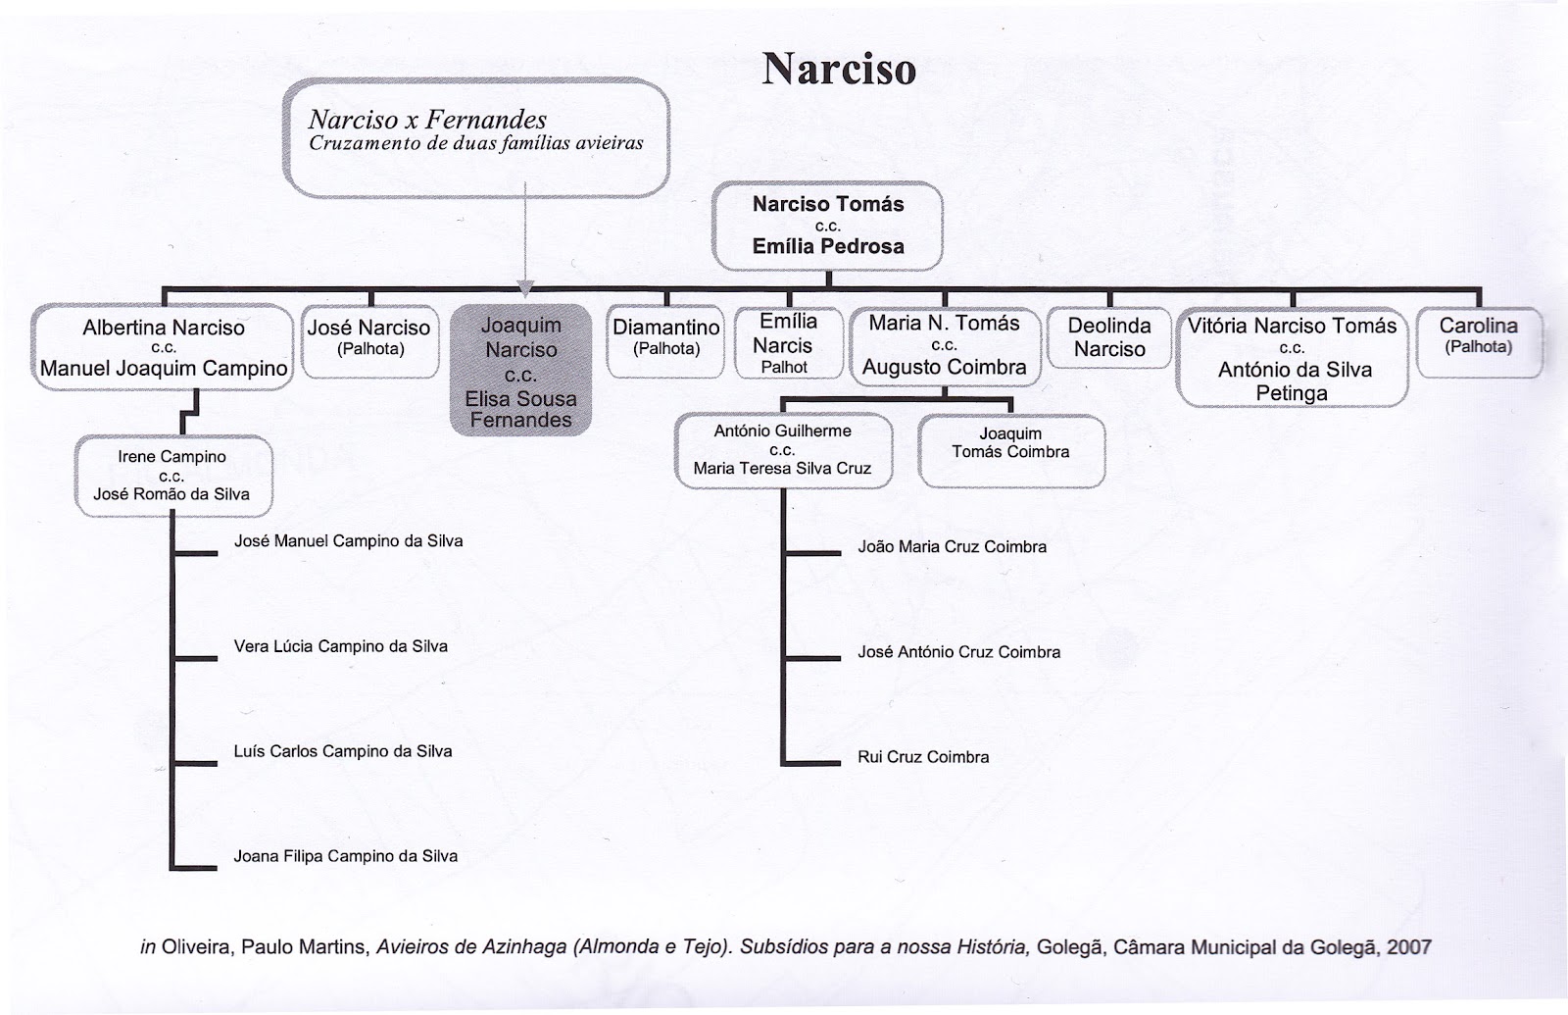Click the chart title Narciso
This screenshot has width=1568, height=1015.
click(x=839, y=70)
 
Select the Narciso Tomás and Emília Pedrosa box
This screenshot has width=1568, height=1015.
click(x=828, y=226)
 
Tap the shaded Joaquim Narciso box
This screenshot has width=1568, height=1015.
click(x=520, y=371)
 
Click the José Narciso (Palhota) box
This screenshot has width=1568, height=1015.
click(x=369, y=339)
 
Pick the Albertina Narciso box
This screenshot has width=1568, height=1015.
click(x=163, y=348)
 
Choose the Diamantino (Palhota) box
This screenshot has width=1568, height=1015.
click(x=666, y=339)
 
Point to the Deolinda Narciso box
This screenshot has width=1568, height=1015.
click(x=1108, y=337)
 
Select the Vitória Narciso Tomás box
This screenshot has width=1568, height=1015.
click(x=1292, y=358)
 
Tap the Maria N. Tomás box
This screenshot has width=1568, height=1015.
click(x=944, y=345)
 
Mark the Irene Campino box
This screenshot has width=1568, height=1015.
click(x=172, y=476)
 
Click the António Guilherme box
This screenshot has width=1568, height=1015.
click(x=782, y=450)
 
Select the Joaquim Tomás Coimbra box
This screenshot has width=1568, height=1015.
click(x=1010, y=450)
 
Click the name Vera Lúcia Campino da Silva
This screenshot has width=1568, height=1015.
click(x=341, y=646)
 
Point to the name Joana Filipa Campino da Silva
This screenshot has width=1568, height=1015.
click(x=345, y=856)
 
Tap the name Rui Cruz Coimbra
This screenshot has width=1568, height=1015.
click(x=923, y=757)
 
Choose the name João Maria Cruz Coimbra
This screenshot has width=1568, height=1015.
click(x=952, y=547)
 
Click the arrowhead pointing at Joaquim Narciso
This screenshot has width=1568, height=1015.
click(x=526, y=288)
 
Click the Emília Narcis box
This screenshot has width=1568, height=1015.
click(x=788, y=343)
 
